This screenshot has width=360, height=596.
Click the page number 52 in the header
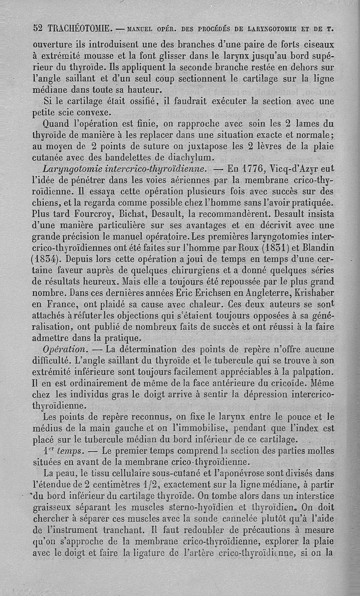pos(38,27)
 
